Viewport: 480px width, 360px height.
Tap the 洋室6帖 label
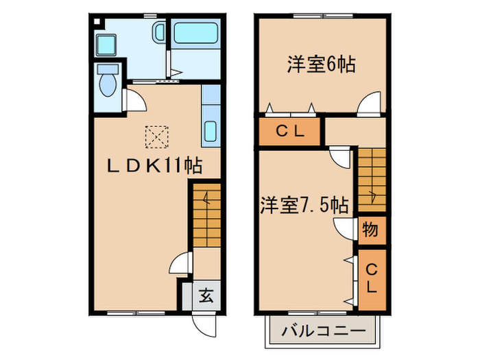tap(320, 65)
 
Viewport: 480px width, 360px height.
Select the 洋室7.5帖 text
tap(304, 204)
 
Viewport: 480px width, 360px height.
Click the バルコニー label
tap(322, 331)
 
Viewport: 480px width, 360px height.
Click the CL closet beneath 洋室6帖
tap(289, 131)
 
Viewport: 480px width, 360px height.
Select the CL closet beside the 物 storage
tap(370, 277)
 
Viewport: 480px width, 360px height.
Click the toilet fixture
tap(108, 82)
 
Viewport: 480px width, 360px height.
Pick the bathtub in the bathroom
tap(195, 33)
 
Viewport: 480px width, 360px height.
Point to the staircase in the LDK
tap(206, 213)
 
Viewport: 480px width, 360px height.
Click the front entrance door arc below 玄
tap(206, 322)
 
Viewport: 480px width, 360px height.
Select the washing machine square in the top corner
tap(108, 45)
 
